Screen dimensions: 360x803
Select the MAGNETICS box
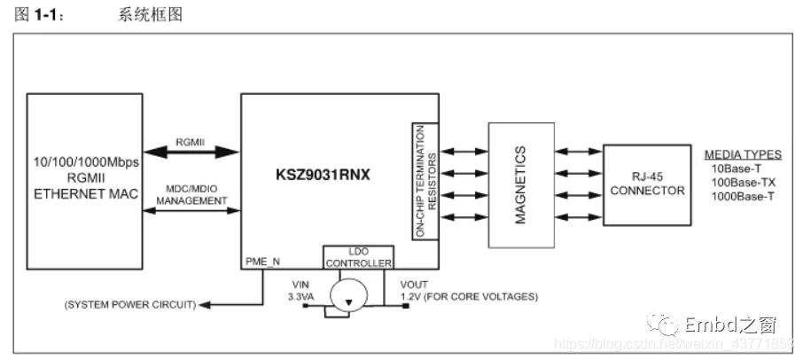click(519, 184)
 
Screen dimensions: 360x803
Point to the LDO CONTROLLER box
click(357, 255)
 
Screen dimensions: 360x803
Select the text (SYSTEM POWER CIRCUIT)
click(129, 305)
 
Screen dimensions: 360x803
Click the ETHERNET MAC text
click(85, 194)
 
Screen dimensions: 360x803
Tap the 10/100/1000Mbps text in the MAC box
click(85, 164)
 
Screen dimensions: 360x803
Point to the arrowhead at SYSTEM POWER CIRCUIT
click(204, 305)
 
